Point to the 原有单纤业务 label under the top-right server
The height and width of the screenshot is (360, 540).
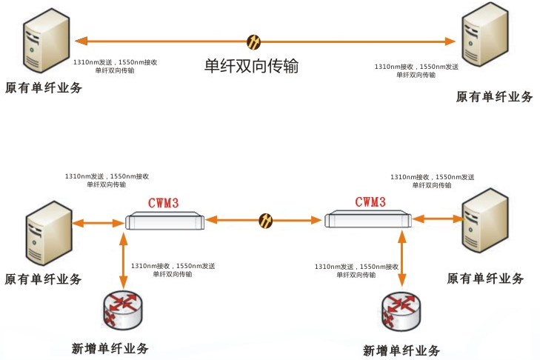point(493,96)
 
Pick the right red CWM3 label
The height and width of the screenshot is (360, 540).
point(370,201)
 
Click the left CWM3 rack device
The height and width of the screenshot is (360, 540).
point(164,219)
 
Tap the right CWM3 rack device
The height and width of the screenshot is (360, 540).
point(367,219)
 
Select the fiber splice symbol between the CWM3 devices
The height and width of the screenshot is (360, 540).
point(265,220)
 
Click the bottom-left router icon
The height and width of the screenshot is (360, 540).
point(123,310)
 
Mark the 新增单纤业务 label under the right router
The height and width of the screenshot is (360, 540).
point(402,350)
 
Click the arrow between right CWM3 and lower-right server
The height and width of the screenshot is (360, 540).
point(437,219)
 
